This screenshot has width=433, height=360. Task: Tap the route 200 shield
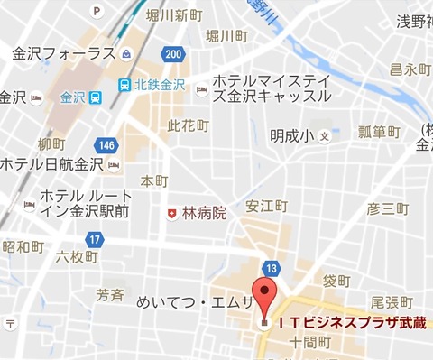coord(174,56)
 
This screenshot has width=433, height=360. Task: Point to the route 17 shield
coord(94,239)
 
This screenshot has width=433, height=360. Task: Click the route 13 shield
coord(272,268)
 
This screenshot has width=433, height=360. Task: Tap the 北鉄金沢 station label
coord(159,85)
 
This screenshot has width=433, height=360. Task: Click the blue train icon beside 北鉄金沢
coord(123,85)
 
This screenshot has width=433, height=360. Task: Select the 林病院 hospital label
coord(204,213)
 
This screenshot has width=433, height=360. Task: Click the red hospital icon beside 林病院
coord(171,213)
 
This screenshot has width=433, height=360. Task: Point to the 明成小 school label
coord(290,136)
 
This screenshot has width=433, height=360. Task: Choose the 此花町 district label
coord(188,126)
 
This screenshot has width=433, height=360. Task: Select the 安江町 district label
coord(267,206)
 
